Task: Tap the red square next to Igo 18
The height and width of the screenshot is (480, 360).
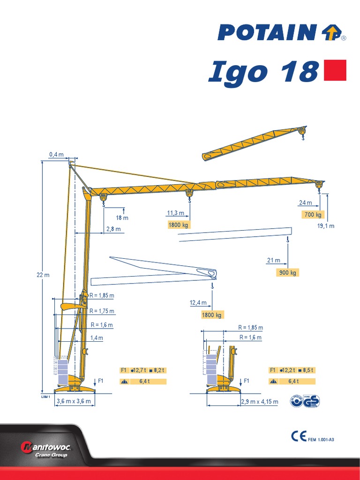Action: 335,70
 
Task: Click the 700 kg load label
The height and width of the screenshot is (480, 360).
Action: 313,215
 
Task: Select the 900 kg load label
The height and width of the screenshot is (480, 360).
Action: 287,272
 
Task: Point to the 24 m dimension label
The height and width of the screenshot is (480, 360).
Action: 305,203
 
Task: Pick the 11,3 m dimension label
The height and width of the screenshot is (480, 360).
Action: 173,213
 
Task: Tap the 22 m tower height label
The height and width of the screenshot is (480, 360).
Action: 43,275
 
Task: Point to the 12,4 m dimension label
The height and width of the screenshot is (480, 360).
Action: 197,303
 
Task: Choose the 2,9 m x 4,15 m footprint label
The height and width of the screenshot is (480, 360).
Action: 259,402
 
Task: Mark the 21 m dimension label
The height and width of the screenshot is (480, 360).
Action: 274,260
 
